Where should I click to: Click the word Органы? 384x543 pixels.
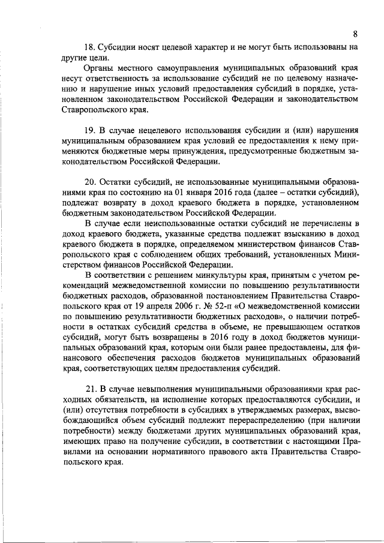click(x=100, y=69)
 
